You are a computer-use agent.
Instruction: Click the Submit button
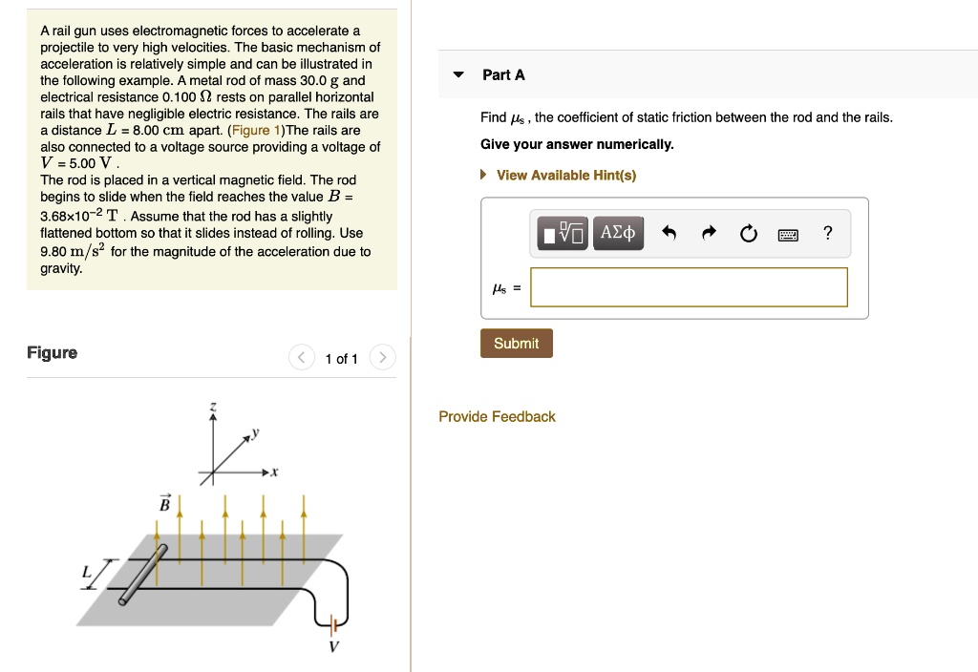click(x=516, y=344)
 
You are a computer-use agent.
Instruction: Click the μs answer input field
click(x=689, y=287)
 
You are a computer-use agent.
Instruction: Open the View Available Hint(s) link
click(x=565, y=176)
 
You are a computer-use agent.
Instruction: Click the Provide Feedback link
click(x=497, y=417)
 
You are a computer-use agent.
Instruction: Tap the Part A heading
click(x=503, y=74)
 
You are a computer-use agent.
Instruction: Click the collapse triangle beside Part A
click(x=458, y=75)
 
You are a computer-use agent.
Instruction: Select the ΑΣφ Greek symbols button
click(x=618, y=233)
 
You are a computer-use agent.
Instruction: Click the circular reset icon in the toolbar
click(x=748, y=233)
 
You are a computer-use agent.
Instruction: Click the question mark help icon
click(x=828, y=233)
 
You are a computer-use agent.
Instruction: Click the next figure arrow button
click(x=381, y=359)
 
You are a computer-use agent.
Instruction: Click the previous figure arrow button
click(x=302, y=359)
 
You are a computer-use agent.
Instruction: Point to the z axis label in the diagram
click(x=213, y=408)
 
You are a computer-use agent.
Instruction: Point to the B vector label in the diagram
click(x=163, y=503)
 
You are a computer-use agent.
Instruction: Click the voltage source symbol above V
click(x=332, y=625)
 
